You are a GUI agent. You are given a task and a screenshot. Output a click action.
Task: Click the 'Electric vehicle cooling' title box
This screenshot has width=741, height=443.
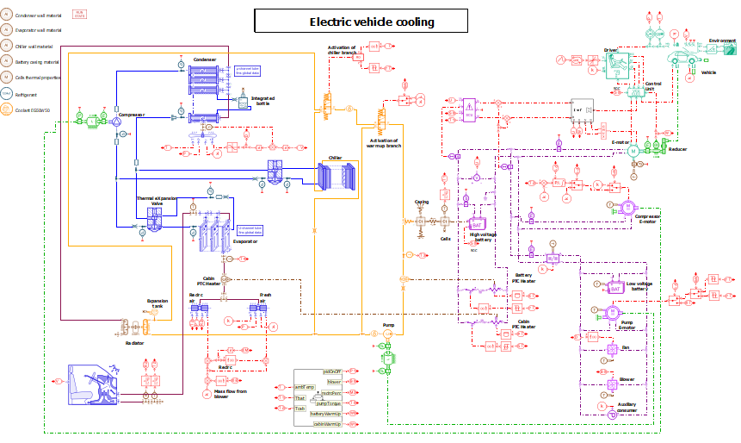(x=372, y=22)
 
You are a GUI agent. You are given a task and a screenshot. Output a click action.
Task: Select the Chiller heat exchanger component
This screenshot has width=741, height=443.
(x=335, y=177)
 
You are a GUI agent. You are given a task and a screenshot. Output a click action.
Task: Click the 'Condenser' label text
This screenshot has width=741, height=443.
(x=204, y=59)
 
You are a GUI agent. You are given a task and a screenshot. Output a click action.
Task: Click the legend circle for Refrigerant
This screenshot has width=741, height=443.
(x=7, y=94)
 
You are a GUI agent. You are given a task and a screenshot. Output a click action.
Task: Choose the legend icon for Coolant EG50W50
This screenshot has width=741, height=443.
(x=7, y=109)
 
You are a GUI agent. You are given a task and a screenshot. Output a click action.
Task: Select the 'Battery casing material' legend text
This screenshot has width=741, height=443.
(x=38, y=62)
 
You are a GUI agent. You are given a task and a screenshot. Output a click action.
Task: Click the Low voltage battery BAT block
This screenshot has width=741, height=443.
(x=615, y=288)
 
